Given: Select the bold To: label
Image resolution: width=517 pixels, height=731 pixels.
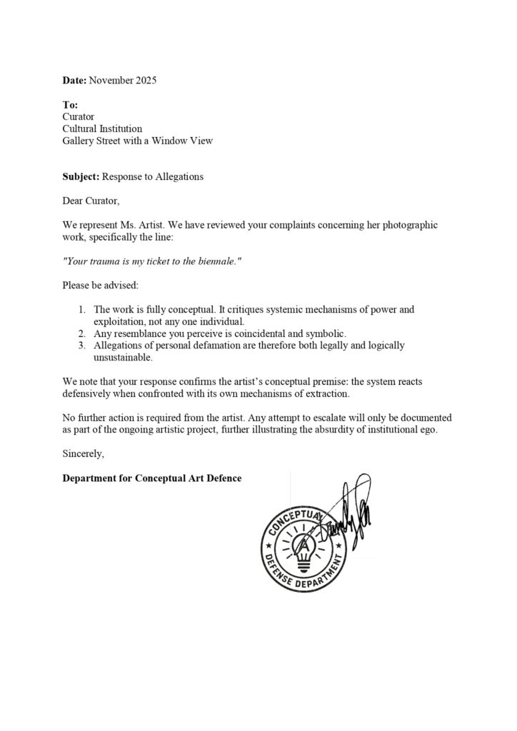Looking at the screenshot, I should pyautogui.click(x=70, y=105).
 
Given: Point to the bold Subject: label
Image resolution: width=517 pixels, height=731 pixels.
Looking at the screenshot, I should pyautogui.click(x=81, y=176).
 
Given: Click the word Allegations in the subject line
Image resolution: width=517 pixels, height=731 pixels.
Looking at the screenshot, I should pyautogui.click(x=178, y=176).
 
